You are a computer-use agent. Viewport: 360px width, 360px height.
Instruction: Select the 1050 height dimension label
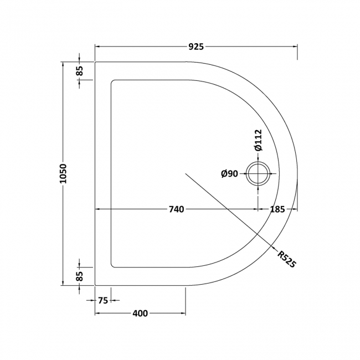64,173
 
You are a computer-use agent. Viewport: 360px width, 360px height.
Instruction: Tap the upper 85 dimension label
80,70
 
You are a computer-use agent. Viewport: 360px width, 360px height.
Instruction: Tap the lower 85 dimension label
80,275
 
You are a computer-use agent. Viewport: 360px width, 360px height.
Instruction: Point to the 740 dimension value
176,209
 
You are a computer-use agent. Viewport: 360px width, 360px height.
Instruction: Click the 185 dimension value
277,209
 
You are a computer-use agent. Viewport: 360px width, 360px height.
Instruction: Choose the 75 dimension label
104,300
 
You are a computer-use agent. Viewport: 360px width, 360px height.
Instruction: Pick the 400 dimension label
140,313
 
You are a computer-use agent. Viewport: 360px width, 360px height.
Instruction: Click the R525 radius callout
286,259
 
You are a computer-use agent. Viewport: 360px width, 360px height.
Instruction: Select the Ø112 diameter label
258,139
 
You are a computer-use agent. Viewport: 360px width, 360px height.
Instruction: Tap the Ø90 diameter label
229,174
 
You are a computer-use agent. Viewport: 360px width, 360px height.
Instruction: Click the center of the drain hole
258,174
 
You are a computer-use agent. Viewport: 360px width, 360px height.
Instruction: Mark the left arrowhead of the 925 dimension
98,47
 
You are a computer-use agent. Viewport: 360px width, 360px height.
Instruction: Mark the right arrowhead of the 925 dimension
295,47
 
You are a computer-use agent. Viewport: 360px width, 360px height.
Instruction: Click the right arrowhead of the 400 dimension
183,313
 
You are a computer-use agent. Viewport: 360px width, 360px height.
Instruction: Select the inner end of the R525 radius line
186,173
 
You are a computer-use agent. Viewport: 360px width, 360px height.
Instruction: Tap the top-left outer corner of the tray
96,62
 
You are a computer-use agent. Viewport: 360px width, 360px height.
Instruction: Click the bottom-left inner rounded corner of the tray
114,265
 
